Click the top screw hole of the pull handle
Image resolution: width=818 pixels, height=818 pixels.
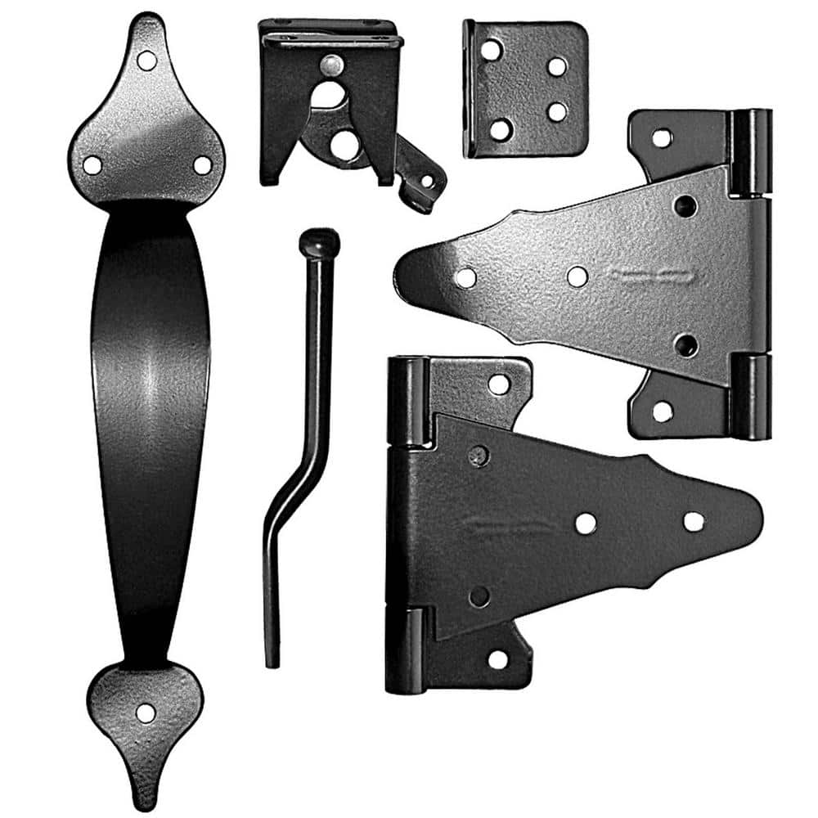146,60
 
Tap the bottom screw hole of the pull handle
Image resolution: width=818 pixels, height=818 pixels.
146,712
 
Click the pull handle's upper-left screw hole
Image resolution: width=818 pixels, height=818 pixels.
92,164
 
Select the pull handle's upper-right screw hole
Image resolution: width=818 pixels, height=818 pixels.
202,164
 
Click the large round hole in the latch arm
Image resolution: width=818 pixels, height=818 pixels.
344,146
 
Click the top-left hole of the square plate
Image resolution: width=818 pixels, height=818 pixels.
492,51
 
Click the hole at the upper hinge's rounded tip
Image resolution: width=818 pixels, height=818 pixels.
465,278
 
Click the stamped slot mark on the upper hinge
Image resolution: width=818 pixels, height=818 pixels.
654,278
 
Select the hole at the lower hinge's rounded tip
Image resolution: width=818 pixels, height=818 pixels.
694,522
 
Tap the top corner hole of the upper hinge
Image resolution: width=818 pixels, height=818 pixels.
662,137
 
